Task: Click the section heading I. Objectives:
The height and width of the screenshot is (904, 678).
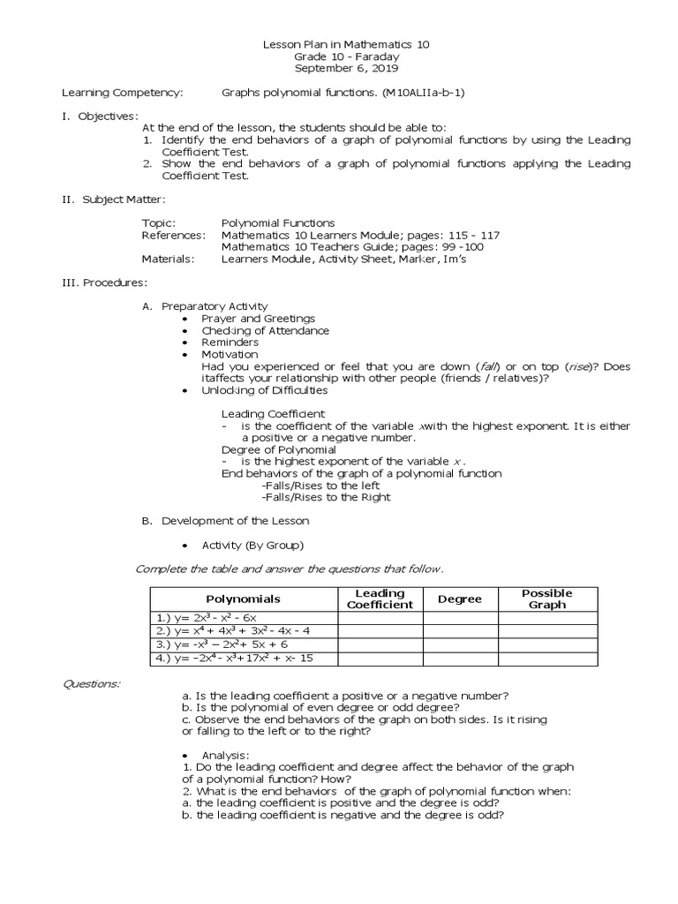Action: [99, 116]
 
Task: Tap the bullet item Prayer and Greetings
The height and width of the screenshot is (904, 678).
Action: [258, 319]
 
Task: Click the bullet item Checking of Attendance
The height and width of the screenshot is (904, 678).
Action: [265, 331]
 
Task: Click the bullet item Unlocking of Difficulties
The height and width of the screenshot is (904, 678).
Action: [264, 389]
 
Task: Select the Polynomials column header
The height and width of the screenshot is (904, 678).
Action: [243, 599]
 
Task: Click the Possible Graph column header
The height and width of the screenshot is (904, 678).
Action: [547, 599]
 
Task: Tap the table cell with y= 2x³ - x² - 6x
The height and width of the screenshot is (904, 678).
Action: [243, 618]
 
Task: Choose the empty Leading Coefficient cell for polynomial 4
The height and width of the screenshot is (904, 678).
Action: [380, 658]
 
